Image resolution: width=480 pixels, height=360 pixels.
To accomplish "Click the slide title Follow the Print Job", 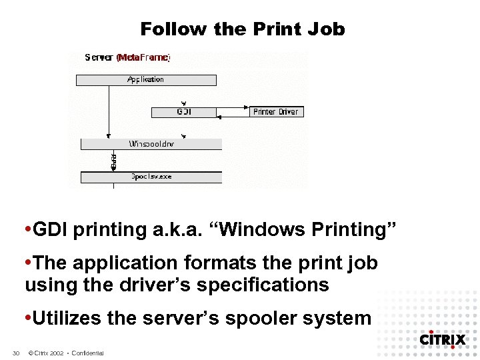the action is [242, 29].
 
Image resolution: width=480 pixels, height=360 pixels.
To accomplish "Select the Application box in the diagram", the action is [145, 80].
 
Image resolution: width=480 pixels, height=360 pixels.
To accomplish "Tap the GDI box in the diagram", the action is [184, 112].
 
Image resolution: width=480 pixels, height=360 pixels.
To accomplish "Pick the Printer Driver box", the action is [276, 112].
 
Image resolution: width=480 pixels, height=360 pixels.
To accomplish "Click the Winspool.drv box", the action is [151, 144].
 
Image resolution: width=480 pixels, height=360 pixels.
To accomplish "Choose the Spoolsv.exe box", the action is [151, 177].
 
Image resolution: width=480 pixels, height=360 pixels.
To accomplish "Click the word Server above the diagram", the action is [99, 58].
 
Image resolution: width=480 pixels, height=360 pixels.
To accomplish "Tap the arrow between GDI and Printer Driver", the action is [233, 112].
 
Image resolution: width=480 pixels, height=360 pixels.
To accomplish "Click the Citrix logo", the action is [442, 339].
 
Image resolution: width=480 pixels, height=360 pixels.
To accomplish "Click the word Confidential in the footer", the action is [87, 353].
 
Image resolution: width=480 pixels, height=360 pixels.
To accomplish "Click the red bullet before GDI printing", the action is [27, 230].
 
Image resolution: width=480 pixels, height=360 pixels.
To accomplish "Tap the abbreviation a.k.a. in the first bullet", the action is [159, 230].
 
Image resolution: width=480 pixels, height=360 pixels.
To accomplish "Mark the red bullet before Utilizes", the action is [27, 318].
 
